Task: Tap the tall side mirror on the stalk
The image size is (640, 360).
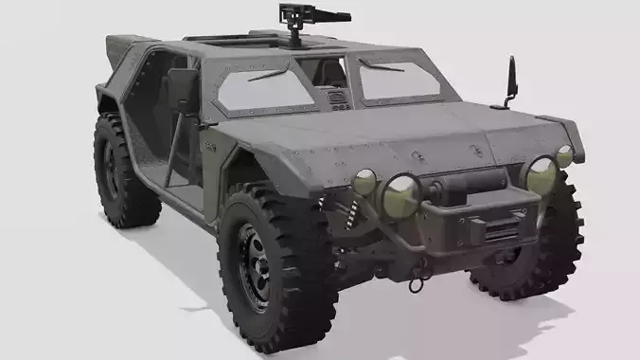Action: [512, 79]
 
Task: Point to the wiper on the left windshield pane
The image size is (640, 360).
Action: [266, 74]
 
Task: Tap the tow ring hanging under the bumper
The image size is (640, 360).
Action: [414, 281]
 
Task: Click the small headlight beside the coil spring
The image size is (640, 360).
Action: [364, 182]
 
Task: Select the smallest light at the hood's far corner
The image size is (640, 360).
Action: [564, 156]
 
